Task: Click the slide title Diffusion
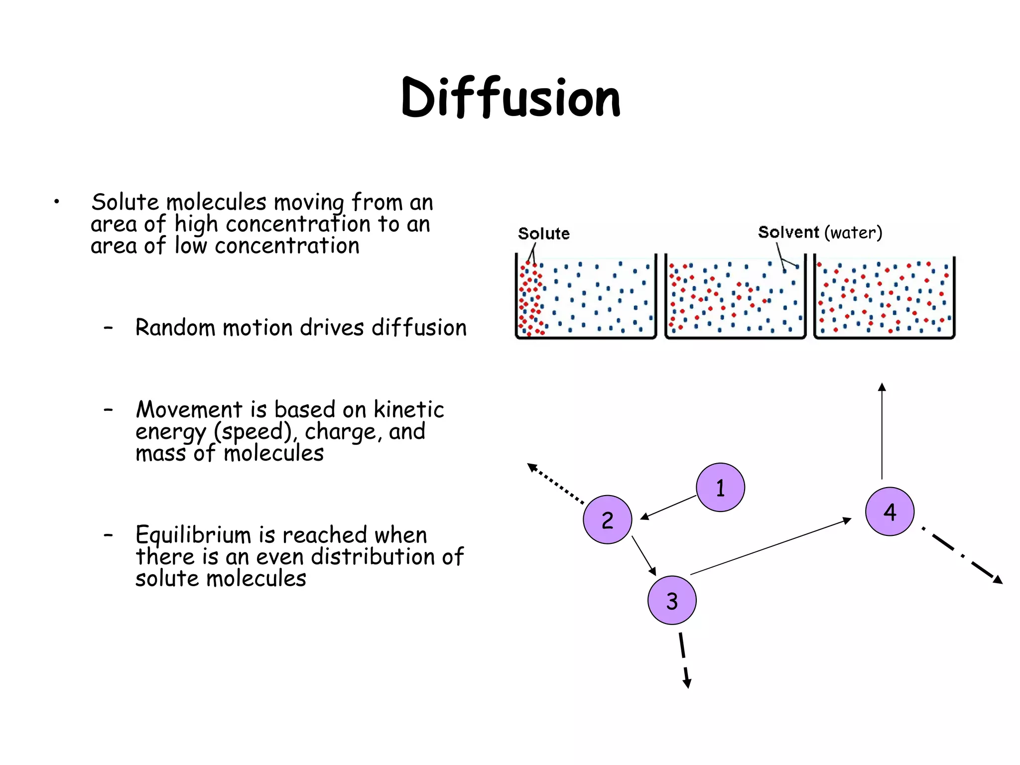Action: [510, 98]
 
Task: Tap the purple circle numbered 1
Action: [720, 488]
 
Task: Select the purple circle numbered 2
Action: [607, 520]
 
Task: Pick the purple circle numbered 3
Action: [672, 601]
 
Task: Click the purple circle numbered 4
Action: [890, 511]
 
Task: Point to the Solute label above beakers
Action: [543, 234]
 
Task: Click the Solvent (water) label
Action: [820, 233]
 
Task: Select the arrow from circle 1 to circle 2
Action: [668, 508]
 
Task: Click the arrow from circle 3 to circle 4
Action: [770, 546]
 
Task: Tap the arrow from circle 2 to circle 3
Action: [644, 555]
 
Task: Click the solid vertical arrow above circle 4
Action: [882, 431]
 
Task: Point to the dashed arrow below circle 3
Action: [683, 660]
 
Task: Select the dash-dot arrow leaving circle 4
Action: [962, 555]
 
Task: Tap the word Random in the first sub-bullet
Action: [175, 328]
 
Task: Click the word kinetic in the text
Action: [408, 410]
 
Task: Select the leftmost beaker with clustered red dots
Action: [586, 297]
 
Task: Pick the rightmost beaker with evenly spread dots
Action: [884, 297]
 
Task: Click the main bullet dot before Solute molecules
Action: [57, 202]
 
